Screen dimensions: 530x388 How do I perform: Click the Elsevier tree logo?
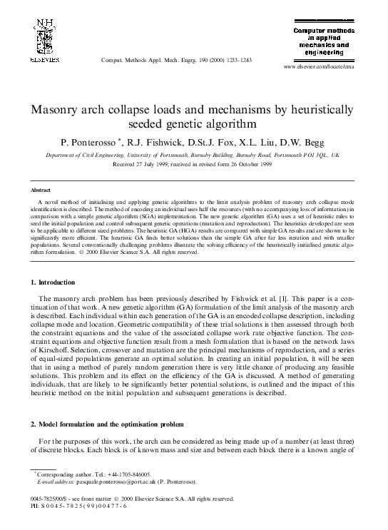44,36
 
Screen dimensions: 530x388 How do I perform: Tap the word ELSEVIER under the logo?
44,61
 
